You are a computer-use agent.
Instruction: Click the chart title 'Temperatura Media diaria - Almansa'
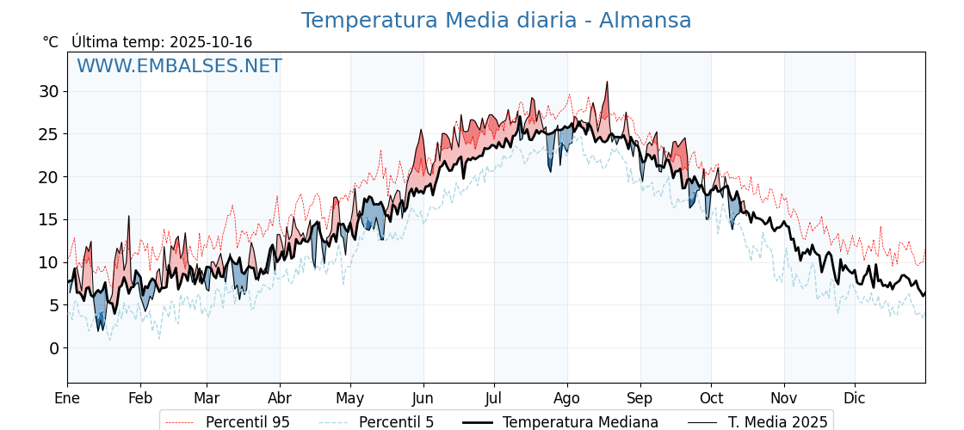[x=496, y=21]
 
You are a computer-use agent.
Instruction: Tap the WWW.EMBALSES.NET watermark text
[x=179, y=66]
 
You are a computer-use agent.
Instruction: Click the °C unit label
[x=51, y=42]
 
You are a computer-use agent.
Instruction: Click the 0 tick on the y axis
[x=54, y=348]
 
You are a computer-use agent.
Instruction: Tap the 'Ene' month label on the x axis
[x=67, y=398]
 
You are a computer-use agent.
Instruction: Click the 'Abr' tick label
[x=280, y=398]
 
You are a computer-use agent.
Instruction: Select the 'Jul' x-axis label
[x=494, y=398]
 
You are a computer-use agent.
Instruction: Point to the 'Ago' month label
[x=567, y=398]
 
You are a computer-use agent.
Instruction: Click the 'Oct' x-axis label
[x=711, y=398]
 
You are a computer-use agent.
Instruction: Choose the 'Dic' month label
[x=855, y=398]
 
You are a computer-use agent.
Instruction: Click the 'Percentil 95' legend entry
[x=247, y=422]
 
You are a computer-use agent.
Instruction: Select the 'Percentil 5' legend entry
[x=396, y=422]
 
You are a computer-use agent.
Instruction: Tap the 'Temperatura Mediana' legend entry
[x=580, y=422]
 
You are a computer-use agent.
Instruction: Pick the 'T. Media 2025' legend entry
[x=777, y=422]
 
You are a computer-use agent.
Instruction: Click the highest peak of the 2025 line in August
[x=607, y=83]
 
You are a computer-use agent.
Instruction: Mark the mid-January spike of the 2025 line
[x=129, y=217]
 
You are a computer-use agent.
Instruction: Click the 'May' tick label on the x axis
[x=350, y=398]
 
